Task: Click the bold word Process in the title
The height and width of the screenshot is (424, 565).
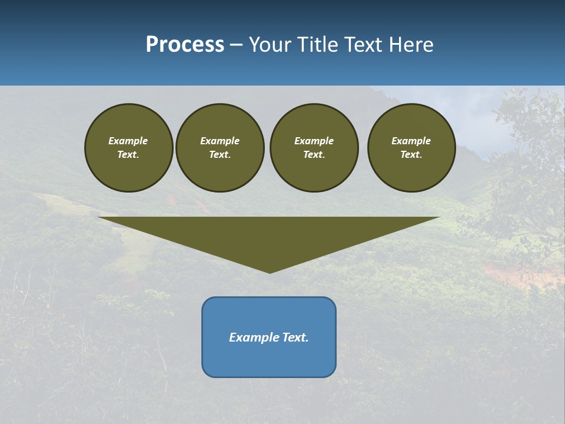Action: [x=185, y=45]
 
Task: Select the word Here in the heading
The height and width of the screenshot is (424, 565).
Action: [x=411, y=45]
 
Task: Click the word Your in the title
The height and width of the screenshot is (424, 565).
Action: [x=270, y=45]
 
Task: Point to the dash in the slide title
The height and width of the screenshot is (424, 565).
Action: [x=236, y=45]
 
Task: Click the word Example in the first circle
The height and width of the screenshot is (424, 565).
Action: [x=128, y=141]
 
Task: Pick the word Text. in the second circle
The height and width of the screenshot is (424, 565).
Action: [x=220, y=154]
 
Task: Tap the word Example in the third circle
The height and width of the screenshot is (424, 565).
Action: [x=314, y=141]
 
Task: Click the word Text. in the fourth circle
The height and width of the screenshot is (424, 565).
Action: [x=411, y=154]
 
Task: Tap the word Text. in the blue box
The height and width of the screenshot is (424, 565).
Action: [x=295, y=337]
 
